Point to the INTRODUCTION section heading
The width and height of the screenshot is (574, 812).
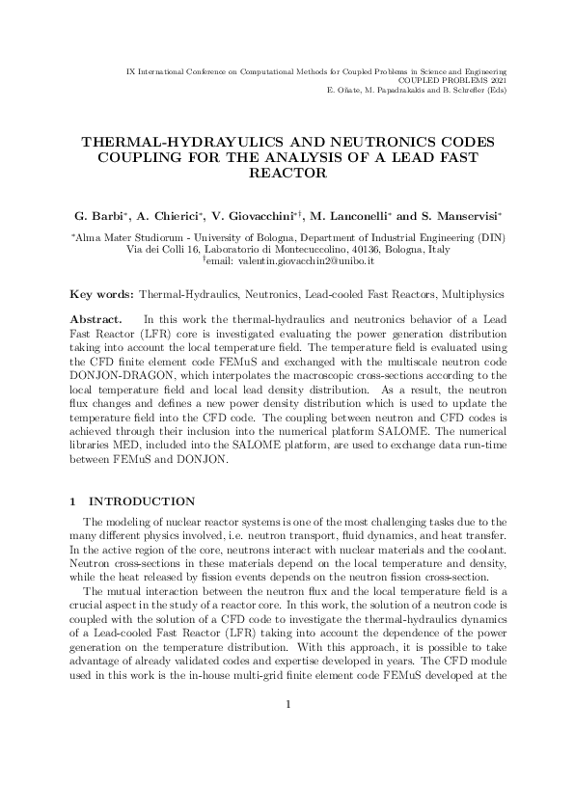click(x=142, y=501)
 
